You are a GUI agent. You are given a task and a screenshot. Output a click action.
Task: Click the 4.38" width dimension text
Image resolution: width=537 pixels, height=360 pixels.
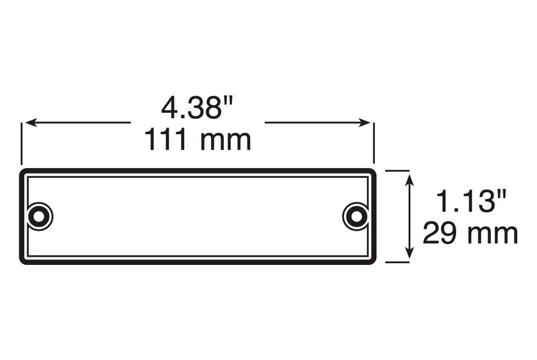pos(197,107)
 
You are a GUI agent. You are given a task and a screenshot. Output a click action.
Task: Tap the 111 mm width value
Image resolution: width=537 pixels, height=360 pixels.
pos(198,139)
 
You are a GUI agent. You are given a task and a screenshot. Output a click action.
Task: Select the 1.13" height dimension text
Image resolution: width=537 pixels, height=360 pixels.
pos(471,201)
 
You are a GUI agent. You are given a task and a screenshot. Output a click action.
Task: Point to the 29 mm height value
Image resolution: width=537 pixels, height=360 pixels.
pos(470,233)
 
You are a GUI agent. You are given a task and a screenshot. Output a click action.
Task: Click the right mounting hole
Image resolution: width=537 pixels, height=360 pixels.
pos(356,217)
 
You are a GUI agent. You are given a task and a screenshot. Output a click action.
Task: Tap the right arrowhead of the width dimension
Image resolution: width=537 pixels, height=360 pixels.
pos(365,123)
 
